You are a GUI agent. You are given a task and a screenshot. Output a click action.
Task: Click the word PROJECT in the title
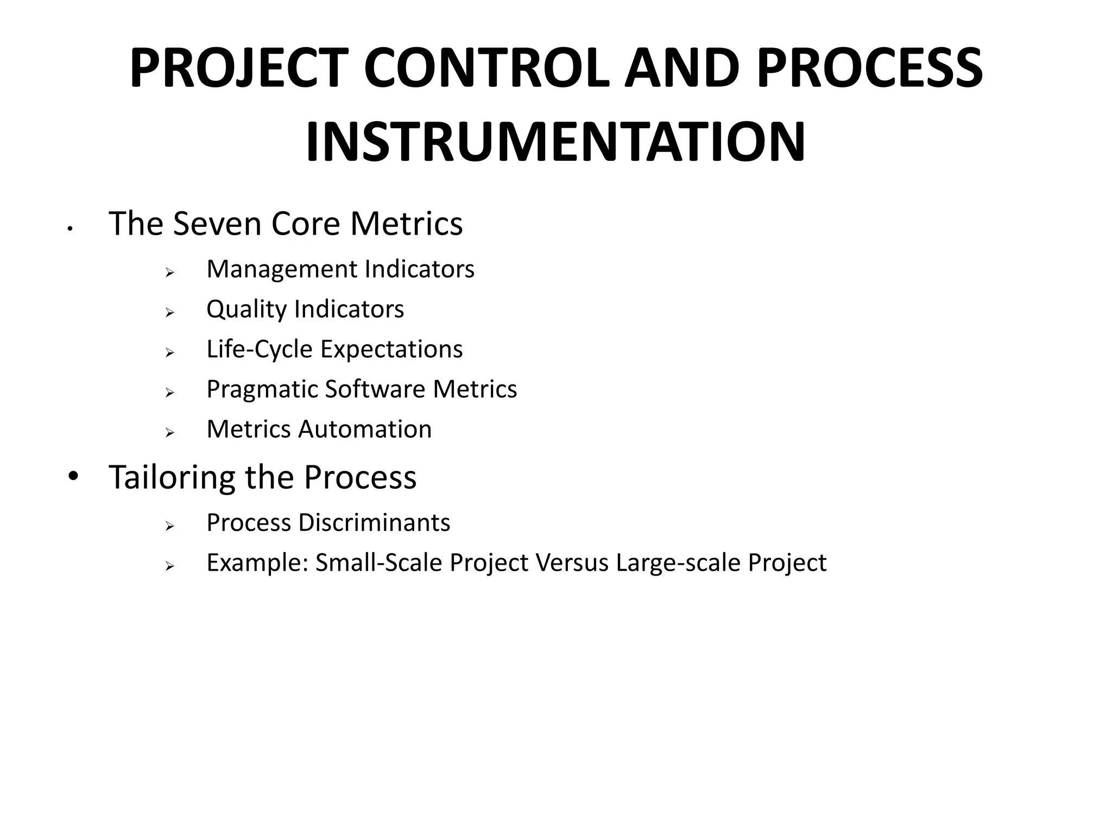(239, 68)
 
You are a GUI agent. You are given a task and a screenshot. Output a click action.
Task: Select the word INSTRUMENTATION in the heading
(555, 143)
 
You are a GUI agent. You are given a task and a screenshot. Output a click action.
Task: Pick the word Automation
(365, 429)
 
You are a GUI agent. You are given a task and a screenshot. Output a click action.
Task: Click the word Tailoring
(172, 477)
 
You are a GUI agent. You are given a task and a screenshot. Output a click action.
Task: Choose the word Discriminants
(374, 523)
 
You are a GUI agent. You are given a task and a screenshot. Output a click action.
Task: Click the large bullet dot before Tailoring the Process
(73, 477)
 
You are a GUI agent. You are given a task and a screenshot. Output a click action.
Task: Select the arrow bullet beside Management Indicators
(169, 272)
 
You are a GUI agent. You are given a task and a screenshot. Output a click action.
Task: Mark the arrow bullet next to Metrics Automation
(169, 433)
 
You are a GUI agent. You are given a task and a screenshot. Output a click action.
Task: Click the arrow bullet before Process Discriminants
(169, 526)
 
